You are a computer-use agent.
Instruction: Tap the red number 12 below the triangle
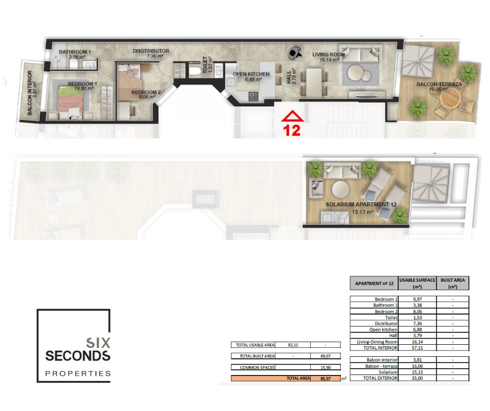point(291,130)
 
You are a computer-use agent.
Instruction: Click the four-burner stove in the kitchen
point(253,96)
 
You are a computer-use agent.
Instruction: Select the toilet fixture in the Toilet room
point(194,71)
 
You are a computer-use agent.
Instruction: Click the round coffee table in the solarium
point(340,189)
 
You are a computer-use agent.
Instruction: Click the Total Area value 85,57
point(325,379)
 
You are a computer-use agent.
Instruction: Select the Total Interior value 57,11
point(417,348)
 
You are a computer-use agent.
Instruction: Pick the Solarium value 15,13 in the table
point(417,372)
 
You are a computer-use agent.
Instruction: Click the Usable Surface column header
point(417,283)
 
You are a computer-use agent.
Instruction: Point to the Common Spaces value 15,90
point(325,368)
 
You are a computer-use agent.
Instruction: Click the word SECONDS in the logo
point(78,356)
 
